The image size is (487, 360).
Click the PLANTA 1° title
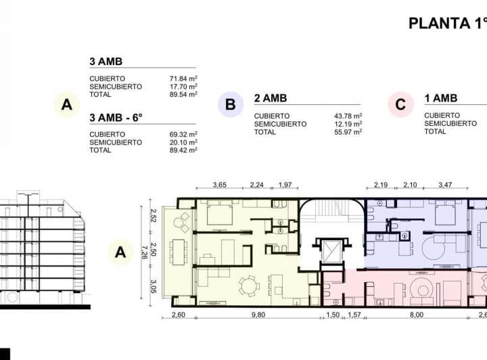(x=447, y=23)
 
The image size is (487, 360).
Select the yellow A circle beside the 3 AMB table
(x=66, y=105)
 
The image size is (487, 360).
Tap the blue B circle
(x=231, y=105)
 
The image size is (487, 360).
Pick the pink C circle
(x=400, y=105)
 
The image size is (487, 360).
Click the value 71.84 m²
(x=183, y=78)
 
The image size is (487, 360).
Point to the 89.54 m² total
(x=183, y=95)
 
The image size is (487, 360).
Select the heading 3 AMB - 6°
(x=116, y=117)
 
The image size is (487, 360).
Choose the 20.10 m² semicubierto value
(x=183, y=142)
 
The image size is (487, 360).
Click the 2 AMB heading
(x=270, y=98)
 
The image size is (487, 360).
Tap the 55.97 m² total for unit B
(x=348, y=132)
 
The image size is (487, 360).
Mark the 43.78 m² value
(x=348, y=116)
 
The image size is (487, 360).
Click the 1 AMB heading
(x=441, y=98)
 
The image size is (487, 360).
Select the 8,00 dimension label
(x=415, y=315)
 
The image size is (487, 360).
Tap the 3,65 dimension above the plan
(x=219, y=185)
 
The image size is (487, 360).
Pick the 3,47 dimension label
(x=445, y=185)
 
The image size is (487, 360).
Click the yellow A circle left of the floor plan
(x=120, y=252)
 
